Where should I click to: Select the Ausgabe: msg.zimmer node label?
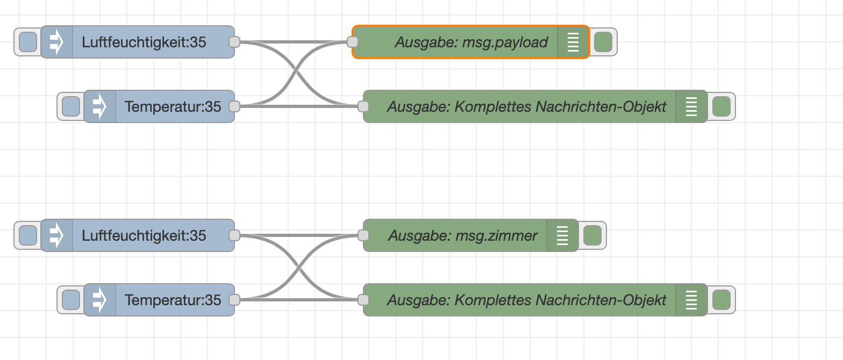[x=462, y=235]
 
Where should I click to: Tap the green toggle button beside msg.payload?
[x=603, y=42]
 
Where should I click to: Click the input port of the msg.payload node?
[x=353, y=42]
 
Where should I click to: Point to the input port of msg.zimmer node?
[x=363, y=235]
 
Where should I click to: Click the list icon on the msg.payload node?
[x=573, y=42]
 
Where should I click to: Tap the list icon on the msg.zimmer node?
[x=562, y=235]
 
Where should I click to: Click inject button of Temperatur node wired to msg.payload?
[x=71, y=106]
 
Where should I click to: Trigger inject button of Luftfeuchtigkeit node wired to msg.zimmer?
[x=28, y=235]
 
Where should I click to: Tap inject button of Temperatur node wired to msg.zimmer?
[x=71, y=300]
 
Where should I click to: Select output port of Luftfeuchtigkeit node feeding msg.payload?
[x=234, y=42]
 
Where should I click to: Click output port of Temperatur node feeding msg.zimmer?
[x=234, y=300]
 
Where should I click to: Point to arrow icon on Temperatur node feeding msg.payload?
[x=99, y=106]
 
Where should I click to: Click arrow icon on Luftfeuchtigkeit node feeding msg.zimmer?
[x=56, y=235]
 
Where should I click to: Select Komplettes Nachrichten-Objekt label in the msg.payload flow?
[x=527, y=106]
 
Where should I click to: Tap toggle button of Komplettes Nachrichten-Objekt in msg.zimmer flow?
[x=721, y=300]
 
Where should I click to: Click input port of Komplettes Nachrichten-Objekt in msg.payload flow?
[x=363, y=106]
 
